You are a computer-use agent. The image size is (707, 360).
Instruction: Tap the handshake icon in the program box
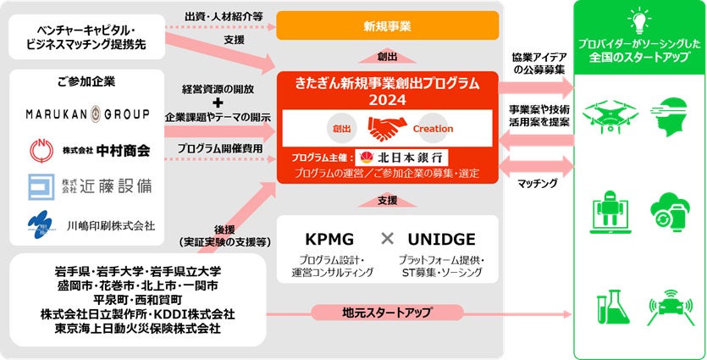tap(387, 129)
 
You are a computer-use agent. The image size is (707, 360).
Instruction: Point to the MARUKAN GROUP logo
tap(86, 114)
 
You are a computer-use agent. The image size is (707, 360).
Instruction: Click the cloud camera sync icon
tap(667, 210)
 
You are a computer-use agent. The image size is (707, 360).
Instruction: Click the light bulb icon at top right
tap(638, 18)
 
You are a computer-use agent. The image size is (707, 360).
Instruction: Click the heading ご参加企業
tap(87, 82)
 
